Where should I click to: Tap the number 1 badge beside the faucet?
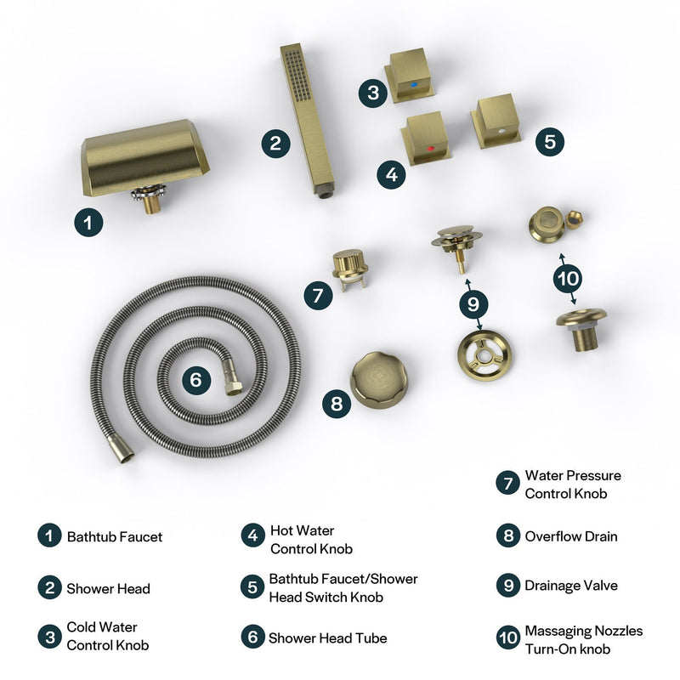88,224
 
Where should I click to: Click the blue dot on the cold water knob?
413,86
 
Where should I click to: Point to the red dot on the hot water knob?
431,149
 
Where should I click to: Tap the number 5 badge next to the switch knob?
550,141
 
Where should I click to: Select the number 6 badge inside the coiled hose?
195,380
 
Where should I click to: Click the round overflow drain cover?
379,377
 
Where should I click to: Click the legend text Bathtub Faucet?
115,536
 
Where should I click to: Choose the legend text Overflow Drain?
571,536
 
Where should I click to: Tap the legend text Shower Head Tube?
328,637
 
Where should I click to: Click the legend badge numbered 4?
252,536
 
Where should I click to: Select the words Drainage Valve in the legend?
571,586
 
